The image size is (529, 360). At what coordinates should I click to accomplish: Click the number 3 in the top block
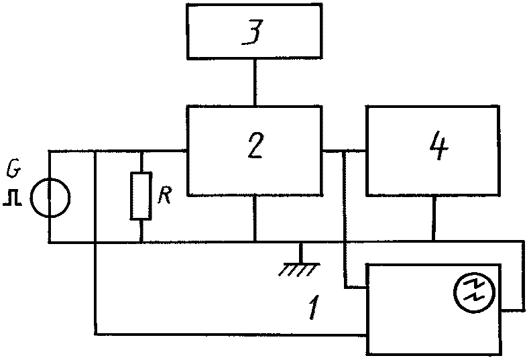click(252, 32)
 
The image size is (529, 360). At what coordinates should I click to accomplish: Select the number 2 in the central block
click(255, 145)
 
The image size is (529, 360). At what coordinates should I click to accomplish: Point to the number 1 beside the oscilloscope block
click(314, 307)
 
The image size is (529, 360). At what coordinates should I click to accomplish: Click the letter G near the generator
click(14, 171)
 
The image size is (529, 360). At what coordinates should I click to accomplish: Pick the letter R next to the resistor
click(165, 194)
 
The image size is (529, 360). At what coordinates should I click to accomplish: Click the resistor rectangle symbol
click(141, 196)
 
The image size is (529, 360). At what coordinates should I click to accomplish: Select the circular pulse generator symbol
click(50, 198)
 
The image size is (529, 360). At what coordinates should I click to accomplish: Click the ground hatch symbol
click(299, 270)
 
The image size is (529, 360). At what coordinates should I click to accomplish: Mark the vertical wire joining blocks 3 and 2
click(255, 82)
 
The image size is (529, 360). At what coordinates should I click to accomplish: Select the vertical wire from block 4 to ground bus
click(434, 219)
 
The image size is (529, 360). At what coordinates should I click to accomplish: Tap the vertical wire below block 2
click(255, 219)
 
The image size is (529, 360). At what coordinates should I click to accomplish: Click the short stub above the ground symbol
click(300, 253)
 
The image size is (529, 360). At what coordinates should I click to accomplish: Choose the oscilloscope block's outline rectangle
click(367, 309)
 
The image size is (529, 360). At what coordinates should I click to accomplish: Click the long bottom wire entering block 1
click(231, 334)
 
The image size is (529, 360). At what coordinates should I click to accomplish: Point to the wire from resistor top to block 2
click(164, 151)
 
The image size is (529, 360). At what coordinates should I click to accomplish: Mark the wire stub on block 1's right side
click(512, 310)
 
